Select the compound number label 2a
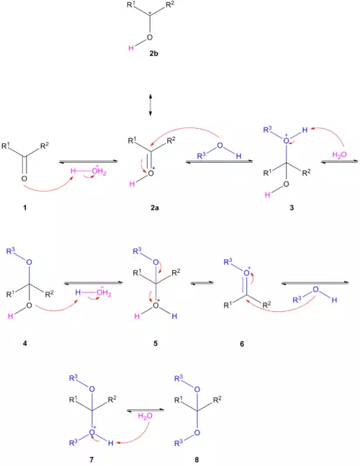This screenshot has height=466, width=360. pyautogui.click(x=155, y=207)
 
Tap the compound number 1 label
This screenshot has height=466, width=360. pyautogui.click(x=24, y=207)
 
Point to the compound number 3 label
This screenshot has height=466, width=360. pyautogui.click(x=292, y=207)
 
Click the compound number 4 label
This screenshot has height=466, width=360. pyautogui.click(x=24, y=344)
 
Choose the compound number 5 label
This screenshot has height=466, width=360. pyautogui.click(x=156, y=344)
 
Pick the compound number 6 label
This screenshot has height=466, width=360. pyautogui.click(x=242, y=344)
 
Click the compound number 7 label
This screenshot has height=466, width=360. pyautogui.click(x=91, y=460)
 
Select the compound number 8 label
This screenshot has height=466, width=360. pyautogui.click(x=197, y=460)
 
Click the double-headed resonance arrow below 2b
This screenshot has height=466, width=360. pyautogui.click(x=150, y=105)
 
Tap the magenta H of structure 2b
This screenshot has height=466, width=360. pyautogui.click(x=131, y=48)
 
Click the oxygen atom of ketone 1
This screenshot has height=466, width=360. pyautogui.click(x=24, y=179)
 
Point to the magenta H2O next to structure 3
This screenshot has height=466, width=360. pyautogui.click(x=340, y=155)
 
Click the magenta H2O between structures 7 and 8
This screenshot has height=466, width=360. pyautogui.click(x=145, y=416)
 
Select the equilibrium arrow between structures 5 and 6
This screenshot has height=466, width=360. pyautogui.click(x=202, y=282)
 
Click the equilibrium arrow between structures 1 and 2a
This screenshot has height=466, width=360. pyautogui.click(x=89, y=161)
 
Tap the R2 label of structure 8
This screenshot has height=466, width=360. pyautogui.click(x=217, y=400)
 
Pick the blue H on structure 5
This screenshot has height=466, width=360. pyautogui.click(x=174, y=316)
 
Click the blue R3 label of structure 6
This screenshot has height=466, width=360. pyautogui.click(x=228, y=262)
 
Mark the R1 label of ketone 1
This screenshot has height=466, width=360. pyautogui.click(x=6, y=146)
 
